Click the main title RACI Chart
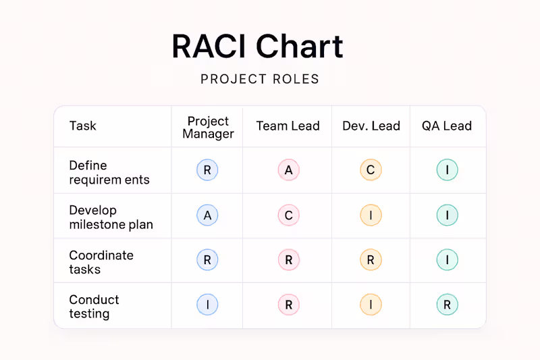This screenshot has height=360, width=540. (257, 46)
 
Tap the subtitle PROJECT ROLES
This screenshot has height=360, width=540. (260, 79)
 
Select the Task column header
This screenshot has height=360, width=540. (82, 126)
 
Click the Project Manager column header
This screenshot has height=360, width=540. (208, 127)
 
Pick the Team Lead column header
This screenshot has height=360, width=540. (288, 126)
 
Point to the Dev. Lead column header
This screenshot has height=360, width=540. (371, 126)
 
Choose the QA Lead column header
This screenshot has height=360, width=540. (447, 126)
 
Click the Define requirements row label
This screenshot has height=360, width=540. (109, 173)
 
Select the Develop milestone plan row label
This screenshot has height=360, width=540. (111, 217)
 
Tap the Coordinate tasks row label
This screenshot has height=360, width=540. (101, 262)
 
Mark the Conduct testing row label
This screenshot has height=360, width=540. (94, 307)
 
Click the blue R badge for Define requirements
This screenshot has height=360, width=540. (207, 170)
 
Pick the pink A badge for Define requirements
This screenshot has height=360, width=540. (288, 170)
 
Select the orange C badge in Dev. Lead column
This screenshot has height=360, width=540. (371, 170)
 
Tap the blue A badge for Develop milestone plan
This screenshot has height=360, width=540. (207, 215)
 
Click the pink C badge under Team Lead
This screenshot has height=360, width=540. (288, 215)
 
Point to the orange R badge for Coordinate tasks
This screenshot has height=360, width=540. (371, 260)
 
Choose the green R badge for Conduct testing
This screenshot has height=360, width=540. (447, 305)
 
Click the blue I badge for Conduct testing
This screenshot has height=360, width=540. (207, 305)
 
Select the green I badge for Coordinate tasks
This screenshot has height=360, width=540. (447, 260)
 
